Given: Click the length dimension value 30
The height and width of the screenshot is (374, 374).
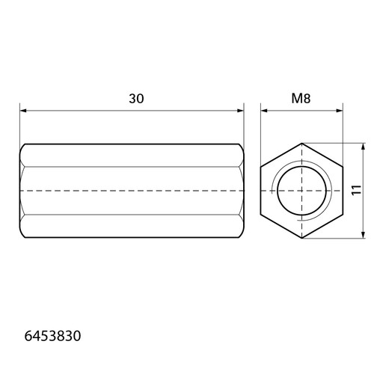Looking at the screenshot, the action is click(136, 99).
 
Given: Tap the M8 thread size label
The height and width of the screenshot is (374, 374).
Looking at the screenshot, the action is click(301, 99).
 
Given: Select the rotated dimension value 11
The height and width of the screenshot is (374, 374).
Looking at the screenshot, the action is click(357, 190).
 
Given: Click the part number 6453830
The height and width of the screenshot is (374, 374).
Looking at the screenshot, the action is click(52, 336).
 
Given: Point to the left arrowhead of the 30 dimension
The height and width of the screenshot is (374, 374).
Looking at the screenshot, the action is click(23, 111).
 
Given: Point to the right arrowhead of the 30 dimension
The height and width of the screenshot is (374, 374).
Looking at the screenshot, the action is click(240, 111).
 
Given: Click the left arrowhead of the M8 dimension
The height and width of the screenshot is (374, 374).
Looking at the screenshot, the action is click(264, 111).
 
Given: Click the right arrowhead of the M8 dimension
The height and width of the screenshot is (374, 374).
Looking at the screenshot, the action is click(340, 111).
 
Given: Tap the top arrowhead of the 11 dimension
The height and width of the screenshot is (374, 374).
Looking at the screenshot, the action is click(364, 147).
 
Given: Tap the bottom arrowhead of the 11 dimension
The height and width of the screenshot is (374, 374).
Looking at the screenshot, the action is click(364, 235).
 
